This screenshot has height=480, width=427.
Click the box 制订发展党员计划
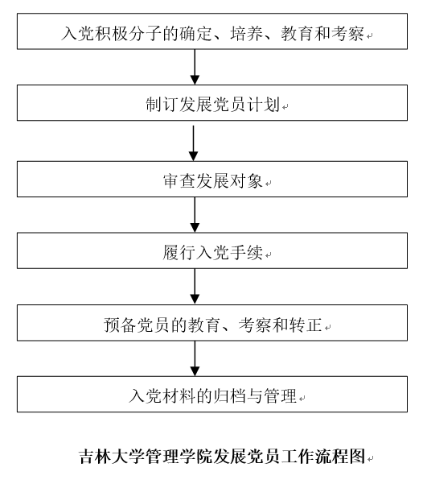212,102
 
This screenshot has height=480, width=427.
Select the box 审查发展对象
212,179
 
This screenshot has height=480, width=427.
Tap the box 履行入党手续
212,250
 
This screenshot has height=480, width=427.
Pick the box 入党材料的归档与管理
212,395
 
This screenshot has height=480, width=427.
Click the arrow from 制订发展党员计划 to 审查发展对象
193,143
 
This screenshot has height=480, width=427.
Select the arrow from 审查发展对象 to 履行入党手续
195,215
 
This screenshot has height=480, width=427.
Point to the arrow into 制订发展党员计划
195,67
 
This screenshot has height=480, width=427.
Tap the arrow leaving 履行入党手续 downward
195,287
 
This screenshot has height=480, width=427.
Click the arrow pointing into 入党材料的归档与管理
195,358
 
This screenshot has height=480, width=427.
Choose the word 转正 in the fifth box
306,325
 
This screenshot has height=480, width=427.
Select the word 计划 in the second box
264,105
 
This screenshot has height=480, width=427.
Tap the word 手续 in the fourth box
246,253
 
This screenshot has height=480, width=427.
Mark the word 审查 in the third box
179,181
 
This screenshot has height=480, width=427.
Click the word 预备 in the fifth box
120,325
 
